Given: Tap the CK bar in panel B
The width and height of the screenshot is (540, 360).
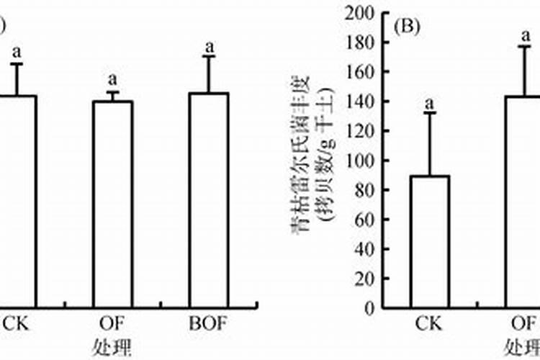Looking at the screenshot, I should click(x=431, y=241).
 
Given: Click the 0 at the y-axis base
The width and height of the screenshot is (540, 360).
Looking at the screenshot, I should click(x=368, y=308).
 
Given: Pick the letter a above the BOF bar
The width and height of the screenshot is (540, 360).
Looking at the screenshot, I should click(x=210, y=47).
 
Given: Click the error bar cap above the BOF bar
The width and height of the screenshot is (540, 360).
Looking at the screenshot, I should click(x=210, y=57).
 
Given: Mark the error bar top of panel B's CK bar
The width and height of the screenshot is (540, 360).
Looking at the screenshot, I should click(x=431, y=112).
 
